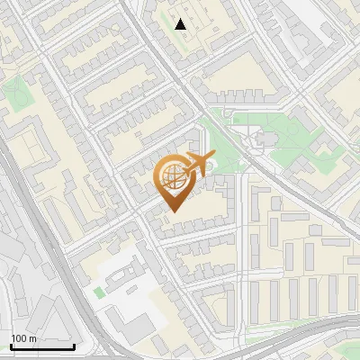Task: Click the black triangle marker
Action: (181, 24)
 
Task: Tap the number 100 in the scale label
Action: (19, 338)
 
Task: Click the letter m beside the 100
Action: (32, 338)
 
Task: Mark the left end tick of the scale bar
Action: (11, 345)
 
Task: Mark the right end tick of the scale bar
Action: (74, 345)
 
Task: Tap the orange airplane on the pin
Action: (197, 163)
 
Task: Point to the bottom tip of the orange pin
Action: (174, 211)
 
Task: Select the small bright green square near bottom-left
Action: (98, 292)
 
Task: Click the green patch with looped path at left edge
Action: (15, 90)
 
